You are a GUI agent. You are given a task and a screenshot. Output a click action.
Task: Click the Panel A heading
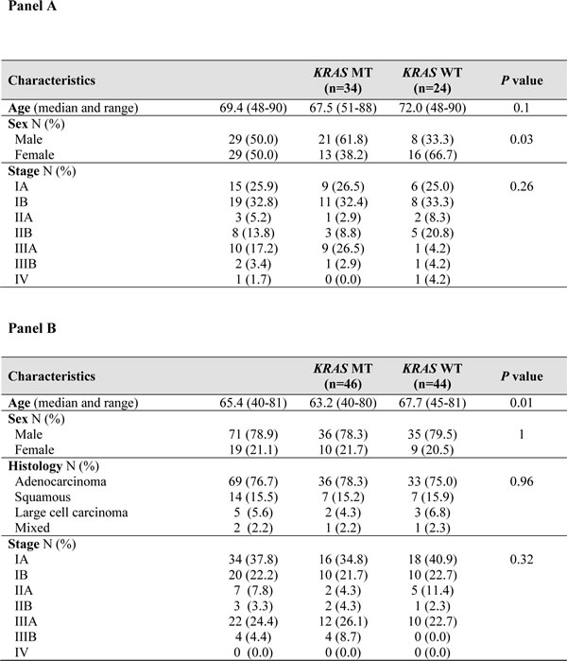(32, 6)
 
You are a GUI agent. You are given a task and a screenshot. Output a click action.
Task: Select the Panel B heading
(32, 328)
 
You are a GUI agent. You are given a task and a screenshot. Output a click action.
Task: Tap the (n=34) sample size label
(343, 89)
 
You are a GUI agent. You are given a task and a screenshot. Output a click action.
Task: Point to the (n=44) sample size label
(432, 384)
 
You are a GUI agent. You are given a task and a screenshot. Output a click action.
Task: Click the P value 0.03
(522, 139)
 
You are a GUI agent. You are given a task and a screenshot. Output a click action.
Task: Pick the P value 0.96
(522, 481)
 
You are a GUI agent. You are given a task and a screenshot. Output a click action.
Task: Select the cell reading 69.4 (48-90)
(253, 108)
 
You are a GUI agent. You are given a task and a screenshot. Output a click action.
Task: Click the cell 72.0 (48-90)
(433, 108)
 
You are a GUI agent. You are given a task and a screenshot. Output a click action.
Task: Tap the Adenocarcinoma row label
(60, 481)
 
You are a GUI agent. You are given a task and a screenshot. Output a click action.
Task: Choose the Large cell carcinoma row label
(71, 513)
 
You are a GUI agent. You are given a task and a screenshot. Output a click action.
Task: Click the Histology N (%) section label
(54, 466)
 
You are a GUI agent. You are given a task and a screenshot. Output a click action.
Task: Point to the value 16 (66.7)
(433, 155)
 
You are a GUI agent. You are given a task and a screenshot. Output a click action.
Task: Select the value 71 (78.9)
(253, 434)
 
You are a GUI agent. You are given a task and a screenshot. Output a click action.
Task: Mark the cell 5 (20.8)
(433, 233)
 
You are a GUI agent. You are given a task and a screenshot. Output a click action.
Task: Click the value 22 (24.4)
(253, 621)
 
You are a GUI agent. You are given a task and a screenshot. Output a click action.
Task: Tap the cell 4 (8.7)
(343, 637)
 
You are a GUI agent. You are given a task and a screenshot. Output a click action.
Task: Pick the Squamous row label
(43, 497)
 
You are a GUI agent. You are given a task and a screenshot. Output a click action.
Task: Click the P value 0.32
(522, 560)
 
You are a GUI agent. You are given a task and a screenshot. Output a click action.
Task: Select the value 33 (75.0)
(433, 481)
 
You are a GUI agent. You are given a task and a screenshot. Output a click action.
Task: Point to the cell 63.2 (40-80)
(343, 403)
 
